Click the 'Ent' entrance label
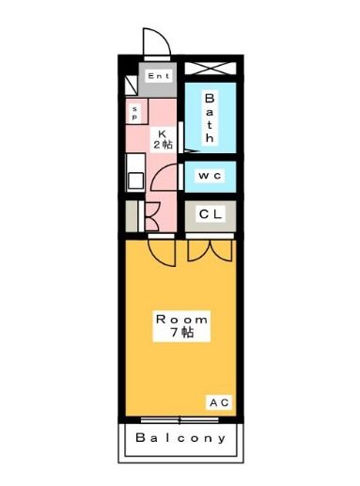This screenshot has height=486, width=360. coord(157,76)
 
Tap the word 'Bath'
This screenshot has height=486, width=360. coord(210,117)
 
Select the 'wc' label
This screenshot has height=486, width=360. coord(209,176)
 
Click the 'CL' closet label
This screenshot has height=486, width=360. coord(210,214)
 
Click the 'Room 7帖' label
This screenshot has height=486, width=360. coord(181,326)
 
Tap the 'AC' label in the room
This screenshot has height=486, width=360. coord(218,402)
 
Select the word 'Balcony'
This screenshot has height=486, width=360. coord(180,438)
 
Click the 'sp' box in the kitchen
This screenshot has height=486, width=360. coord(134,113)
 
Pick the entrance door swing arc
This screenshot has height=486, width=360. coord(155,42)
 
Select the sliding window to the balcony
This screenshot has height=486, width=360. coord(180,418)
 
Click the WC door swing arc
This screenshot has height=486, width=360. coord(170,176)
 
